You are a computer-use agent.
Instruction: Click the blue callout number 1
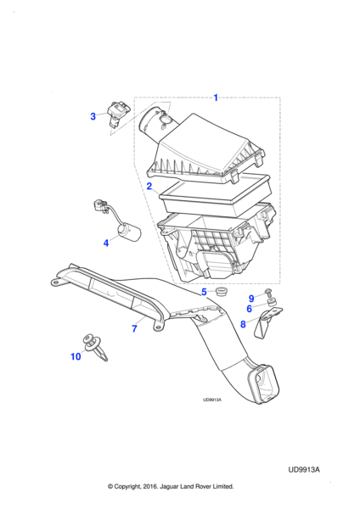tap(216, 98)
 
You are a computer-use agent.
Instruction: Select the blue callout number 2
tap(149, 187)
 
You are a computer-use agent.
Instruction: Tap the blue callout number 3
tap(93, 116)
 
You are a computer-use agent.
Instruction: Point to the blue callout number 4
tap(106, 243)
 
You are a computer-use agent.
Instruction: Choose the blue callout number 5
tap(204, 292)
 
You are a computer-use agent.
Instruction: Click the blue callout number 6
tap(250, 309)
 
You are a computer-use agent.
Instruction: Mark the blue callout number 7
tap(134, 329)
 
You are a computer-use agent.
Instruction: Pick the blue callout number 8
tap(243, 324)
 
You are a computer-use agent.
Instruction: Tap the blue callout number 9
tap(251, 298)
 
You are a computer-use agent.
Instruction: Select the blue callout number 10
tap(76, 356)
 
